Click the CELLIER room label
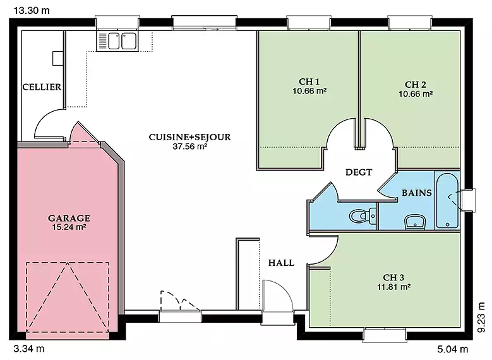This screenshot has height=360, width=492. (x=42, y=87)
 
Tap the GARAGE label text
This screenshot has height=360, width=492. (x=69, y=218)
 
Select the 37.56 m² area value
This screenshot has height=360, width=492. (x=190, y=147)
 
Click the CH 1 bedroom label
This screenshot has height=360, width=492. (x=309, y=81)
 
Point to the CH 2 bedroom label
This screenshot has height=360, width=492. (x=416, y=85)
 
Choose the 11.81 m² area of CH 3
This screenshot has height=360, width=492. (x=393, y=287)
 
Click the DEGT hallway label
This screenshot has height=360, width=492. (x=359, y=172)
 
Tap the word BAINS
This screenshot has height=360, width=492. (x=417, y=193)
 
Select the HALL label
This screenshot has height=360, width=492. (x=281, y=263)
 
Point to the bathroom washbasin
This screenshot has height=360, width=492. (x=415, y=222)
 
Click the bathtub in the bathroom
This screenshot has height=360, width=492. (x=447, y=201)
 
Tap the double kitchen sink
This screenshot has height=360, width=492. (x=117, y=41)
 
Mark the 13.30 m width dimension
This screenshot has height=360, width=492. (x=32, y=11)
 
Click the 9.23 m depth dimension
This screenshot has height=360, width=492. (x=481, y=317)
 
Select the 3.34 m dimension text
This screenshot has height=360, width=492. (x=29, y=349)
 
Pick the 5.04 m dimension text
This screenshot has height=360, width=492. (x=452, y=349)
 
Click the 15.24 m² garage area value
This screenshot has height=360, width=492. (x=69, y=227)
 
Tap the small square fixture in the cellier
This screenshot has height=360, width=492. (x=57, y=58)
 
